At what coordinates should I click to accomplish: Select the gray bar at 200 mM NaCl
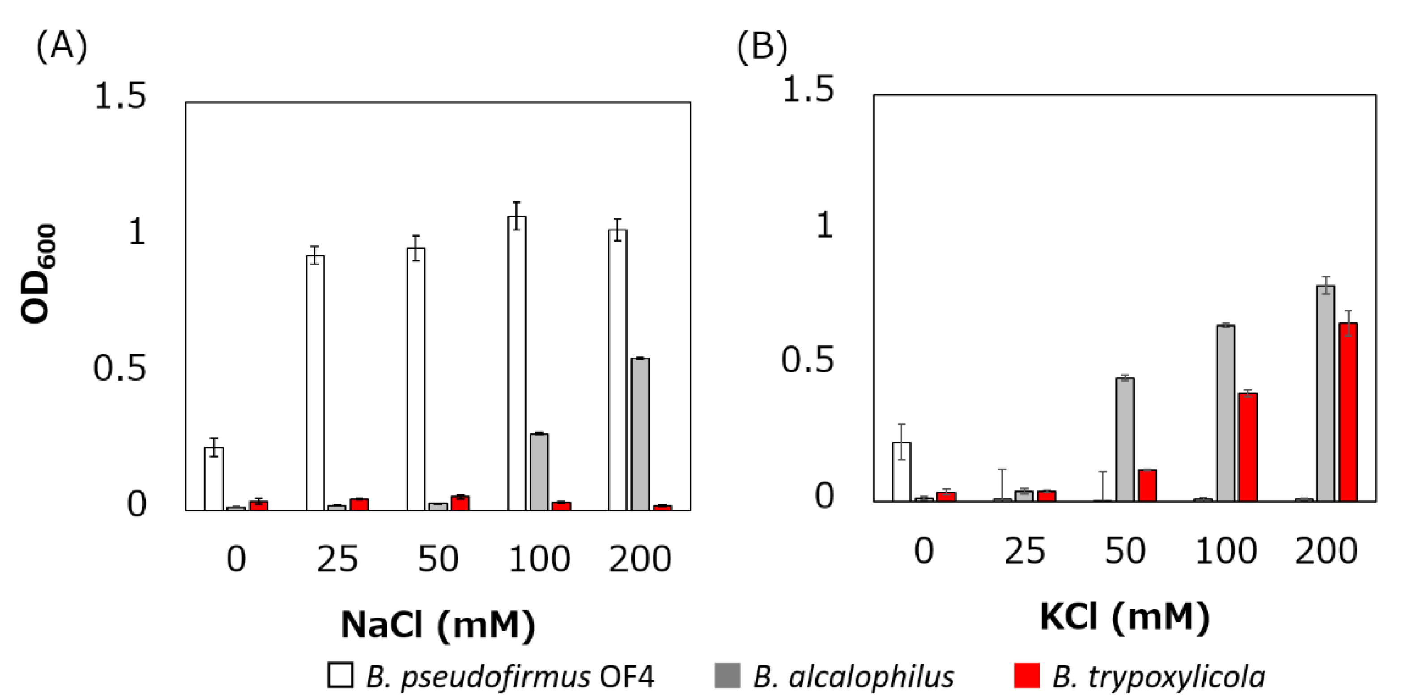[x=640, y=434]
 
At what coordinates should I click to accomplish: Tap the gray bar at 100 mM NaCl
[x=539, y=472]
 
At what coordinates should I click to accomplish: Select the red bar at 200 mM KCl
[x=1348, y=412]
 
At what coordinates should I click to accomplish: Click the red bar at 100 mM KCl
[x=1248, y=447]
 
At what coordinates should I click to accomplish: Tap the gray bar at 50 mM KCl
[x=1125, y=439]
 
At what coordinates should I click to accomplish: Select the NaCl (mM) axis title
[x=437, y=624]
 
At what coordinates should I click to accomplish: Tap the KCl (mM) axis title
[x=1124, y=617]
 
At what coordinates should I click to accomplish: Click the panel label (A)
[x=61, y=46]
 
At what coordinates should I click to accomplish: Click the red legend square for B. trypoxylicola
[x=1026, y=675]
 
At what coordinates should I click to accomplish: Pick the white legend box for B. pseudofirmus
[x=340, y=675]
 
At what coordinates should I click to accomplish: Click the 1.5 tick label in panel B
[x=807, y=89]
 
